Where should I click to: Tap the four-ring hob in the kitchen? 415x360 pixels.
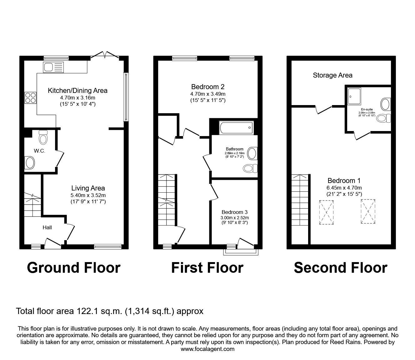click(31, 98)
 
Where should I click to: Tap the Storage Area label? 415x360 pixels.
click(332, 75)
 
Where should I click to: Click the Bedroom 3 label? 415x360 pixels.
click(235, 212)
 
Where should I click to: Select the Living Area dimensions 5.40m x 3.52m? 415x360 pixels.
click(88, 195)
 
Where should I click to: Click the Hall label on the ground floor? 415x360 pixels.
click(47, 227)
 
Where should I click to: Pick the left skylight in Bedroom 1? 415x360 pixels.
click(326, 212)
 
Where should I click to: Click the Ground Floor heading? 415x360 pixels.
click(73, 268)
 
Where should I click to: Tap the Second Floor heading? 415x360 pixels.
click(340, 268)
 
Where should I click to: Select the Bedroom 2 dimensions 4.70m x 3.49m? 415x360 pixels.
click(208, 94)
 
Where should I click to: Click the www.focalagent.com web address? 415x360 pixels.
click(207, 349)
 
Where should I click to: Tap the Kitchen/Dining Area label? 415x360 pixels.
click(77, 91)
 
